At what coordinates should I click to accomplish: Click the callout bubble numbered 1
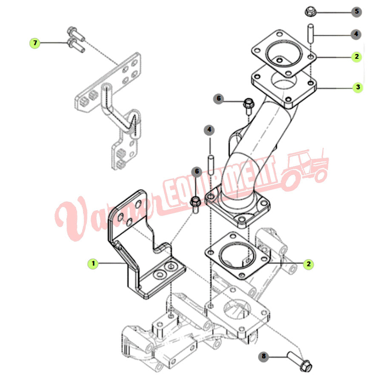coord(92,264)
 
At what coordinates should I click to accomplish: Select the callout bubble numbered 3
coord(357,87)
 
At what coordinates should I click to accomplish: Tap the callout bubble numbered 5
coord(357,11)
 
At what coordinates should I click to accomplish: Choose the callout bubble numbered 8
coord(264,357)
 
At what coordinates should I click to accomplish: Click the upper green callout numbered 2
coord(357,56)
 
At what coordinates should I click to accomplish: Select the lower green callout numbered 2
coord(309,264)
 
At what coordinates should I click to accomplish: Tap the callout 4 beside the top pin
coord(357,34)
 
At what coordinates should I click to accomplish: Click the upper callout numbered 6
coord(219,99)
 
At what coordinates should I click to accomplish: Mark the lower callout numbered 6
coord(196,171)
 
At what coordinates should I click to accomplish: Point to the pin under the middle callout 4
coord(210,163)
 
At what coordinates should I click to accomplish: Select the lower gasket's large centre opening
coord(235,254)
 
